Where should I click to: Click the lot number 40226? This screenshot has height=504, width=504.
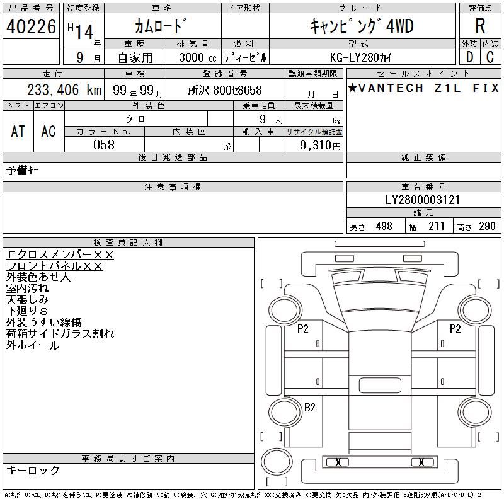(x=31, y=26)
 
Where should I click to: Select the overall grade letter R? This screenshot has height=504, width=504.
(x=480, y=26)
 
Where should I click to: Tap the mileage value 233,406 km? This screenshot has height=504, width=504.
(x=64, y=89)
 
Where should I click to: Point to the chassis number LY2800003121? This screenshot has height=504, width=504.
(x=423, y=200)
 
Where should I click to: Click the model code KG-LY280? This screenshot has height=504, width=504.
(x=355, y=57)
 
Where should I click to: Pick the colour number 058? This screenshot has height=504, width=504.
(x=104, y=145)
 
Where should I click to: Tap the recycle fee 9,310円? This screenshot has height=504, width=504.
(x=320, y=146)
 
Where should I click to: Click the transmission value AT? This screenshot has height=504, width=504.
(x=18, y=131)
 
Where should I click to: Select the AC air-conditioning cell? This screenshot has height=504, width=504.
(x=49, y=131)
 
